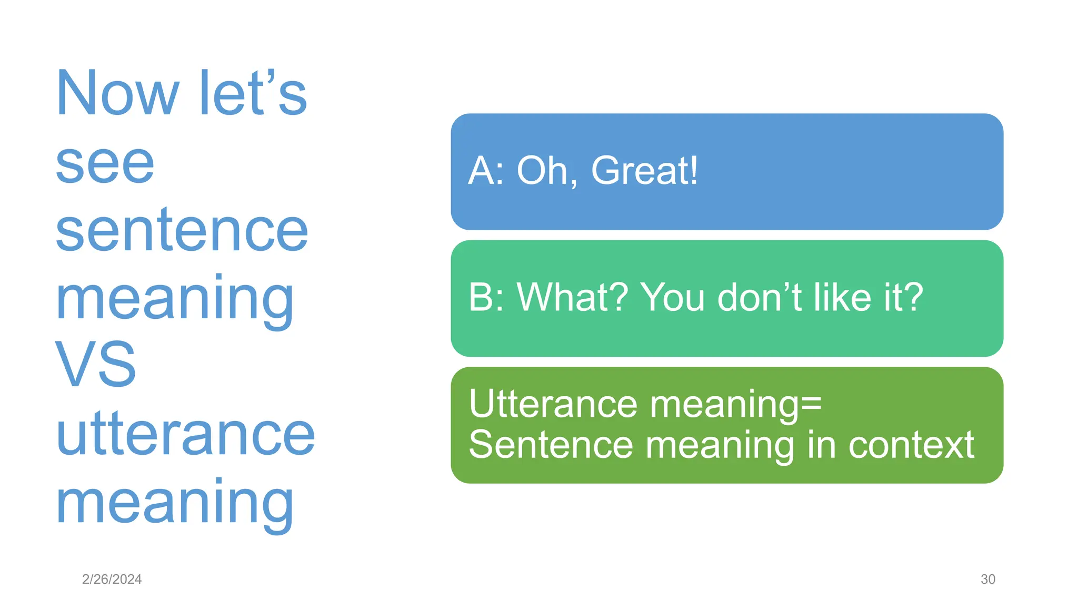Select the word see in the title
105,164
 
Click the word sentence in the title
182,232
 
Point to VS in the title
95,365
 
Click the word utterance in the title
185,435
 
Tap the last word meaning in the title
174,503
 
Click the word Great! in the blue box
644,171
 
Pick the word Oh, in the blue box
546,172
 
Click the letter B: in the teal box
485,297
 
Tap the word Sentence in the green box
551,445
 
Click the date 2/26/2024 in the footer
112,579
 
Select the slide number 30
987,579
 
